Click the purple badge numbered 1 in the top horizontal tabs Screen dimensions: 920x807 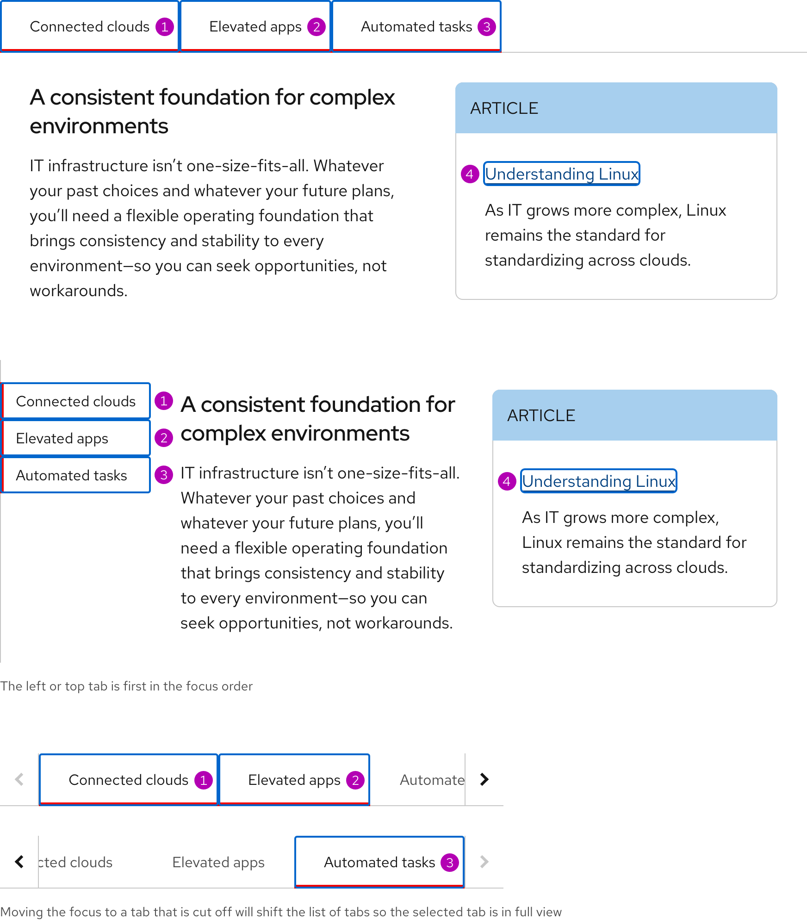click(x=164, y=27)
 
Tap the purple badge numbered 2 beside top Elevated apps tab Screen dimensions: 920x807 click(x=317, y=27)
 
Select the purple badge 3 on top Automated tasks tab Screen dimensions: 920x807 click(x=486, y=27)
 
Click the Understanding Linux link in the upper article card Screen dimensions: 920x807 click(x=561, y=174)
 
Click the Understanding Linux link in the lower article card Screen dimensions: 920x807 click(x=598, y=481)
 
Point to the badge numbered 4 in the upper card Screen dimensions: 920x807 click(x=470, y=174)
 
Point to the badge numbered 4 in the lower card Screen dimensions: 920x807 click(x=507, y=481)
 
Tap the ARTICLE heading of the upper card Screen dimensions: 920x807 click(x=504, y=108)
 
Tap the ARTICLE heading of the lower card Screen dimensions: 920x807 click(x=541, y=416)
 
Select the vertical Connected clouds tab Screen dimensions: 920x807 click(x=76, y=401)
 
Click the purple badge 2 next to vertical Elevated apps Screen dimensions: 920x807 click(x=164, y=438)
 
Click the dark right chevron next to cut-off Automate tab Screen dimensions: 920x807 click(x=484, y=779)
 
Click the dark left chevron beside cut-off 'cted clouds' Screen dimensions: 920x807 click(x=19, y=862)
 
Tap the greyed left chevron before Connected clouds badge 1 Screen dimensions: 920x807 click(x=19, y=779)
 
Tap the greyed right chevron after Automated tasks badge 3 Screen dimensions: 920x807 click(x=484, y=862)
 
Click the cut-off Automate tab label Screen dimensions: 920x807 click(x=431, y=780)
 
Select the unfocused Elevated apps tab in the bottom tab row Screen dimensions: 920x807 click(x=218, y=863)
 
